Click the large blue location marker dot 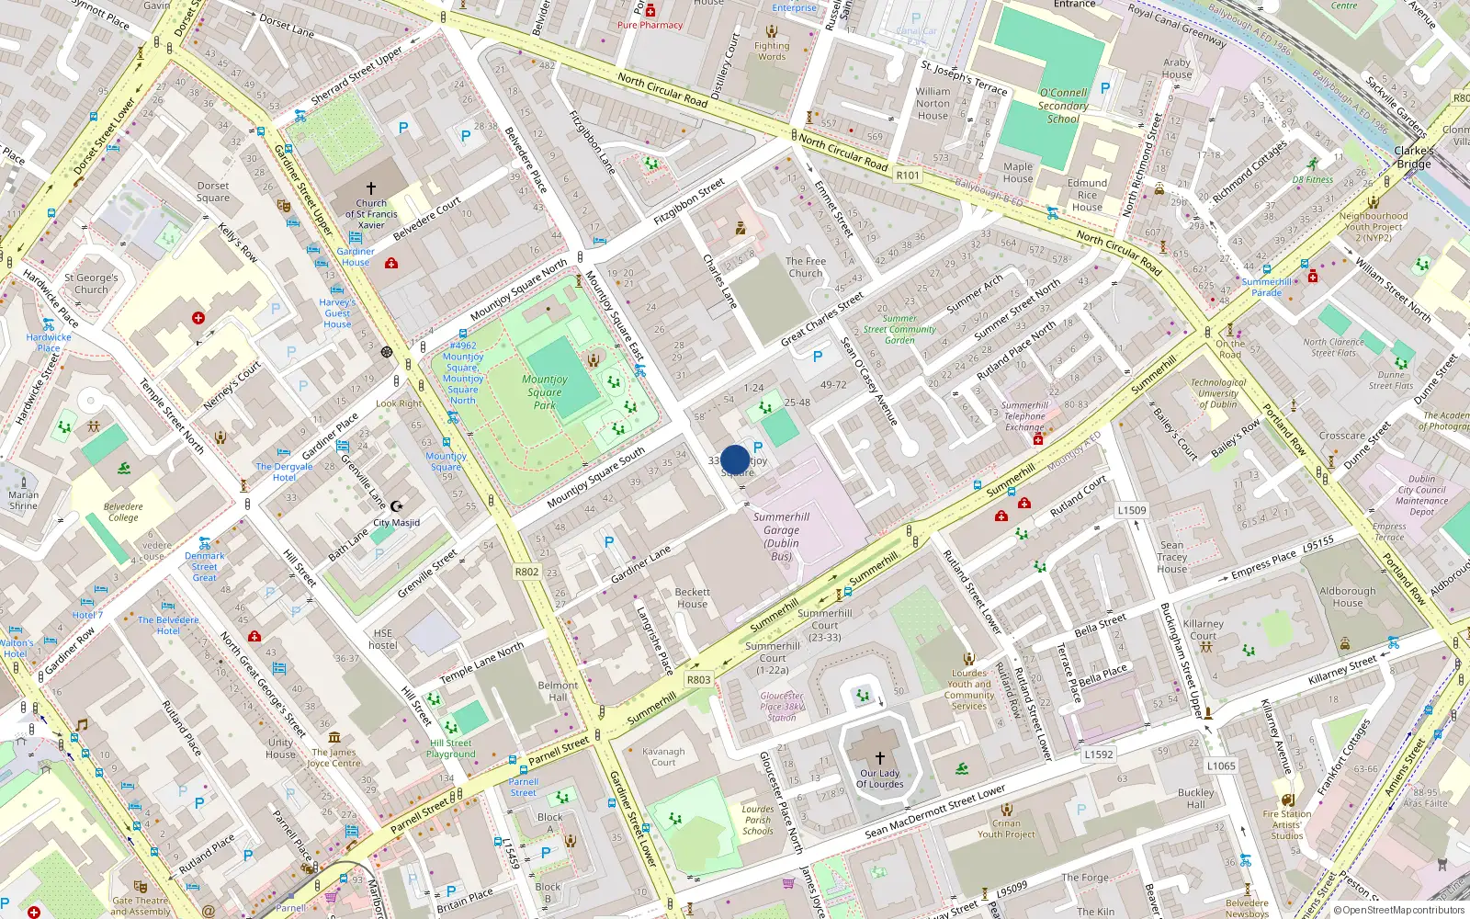click(x=735, y=459)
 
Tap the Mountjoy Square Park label click(x=545, y=391)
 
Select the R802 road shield click(x=526, y=572)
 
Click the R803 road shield click(x=698, y=680)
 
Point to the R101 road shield click(x=908, y=175)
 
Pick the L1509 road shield click(x=1132, y=510)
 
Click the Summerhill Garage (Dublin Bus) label click(x=781, y=537)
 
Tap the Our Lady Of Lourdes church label click(x=880, y=778)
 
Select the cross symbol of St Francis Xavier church click(x=371, y=188)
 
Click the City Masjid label click(x=396, y=523)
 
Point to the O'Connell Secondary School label click(x=1063, y=106)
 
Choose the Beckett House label click(x=693, y=598)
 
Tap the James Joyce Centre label click(x=334, y=757)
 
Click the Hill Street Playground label click(x=451, y=749)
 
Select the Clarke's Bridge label click(x=1414, y=157)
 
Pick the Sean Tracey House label click(x=1172, y=557)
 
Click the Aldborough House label click(x=1348, y=597)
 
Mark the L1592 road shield click(x=1099, y=754)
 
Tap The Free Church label click(x=806, y=267)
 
